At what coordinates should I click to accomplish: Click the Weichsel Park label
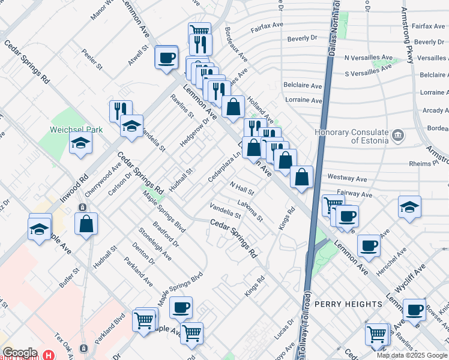[76, 130]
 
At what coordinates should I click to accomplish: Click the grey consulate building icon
[397, 136]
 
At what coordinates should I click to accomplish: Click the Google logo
[19, 353]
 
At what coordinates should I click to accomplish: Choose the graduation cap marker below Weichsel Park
[80, 144]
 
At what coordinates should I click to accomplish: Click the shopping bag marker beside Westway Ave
[302, 177]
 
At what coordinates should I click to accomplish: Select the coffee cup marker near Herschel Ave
[369, 245]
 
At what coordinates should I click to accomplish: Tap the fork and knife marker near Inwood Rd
[121, 110]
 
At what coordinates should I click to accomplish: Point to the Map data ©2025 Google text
[411, 355]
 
